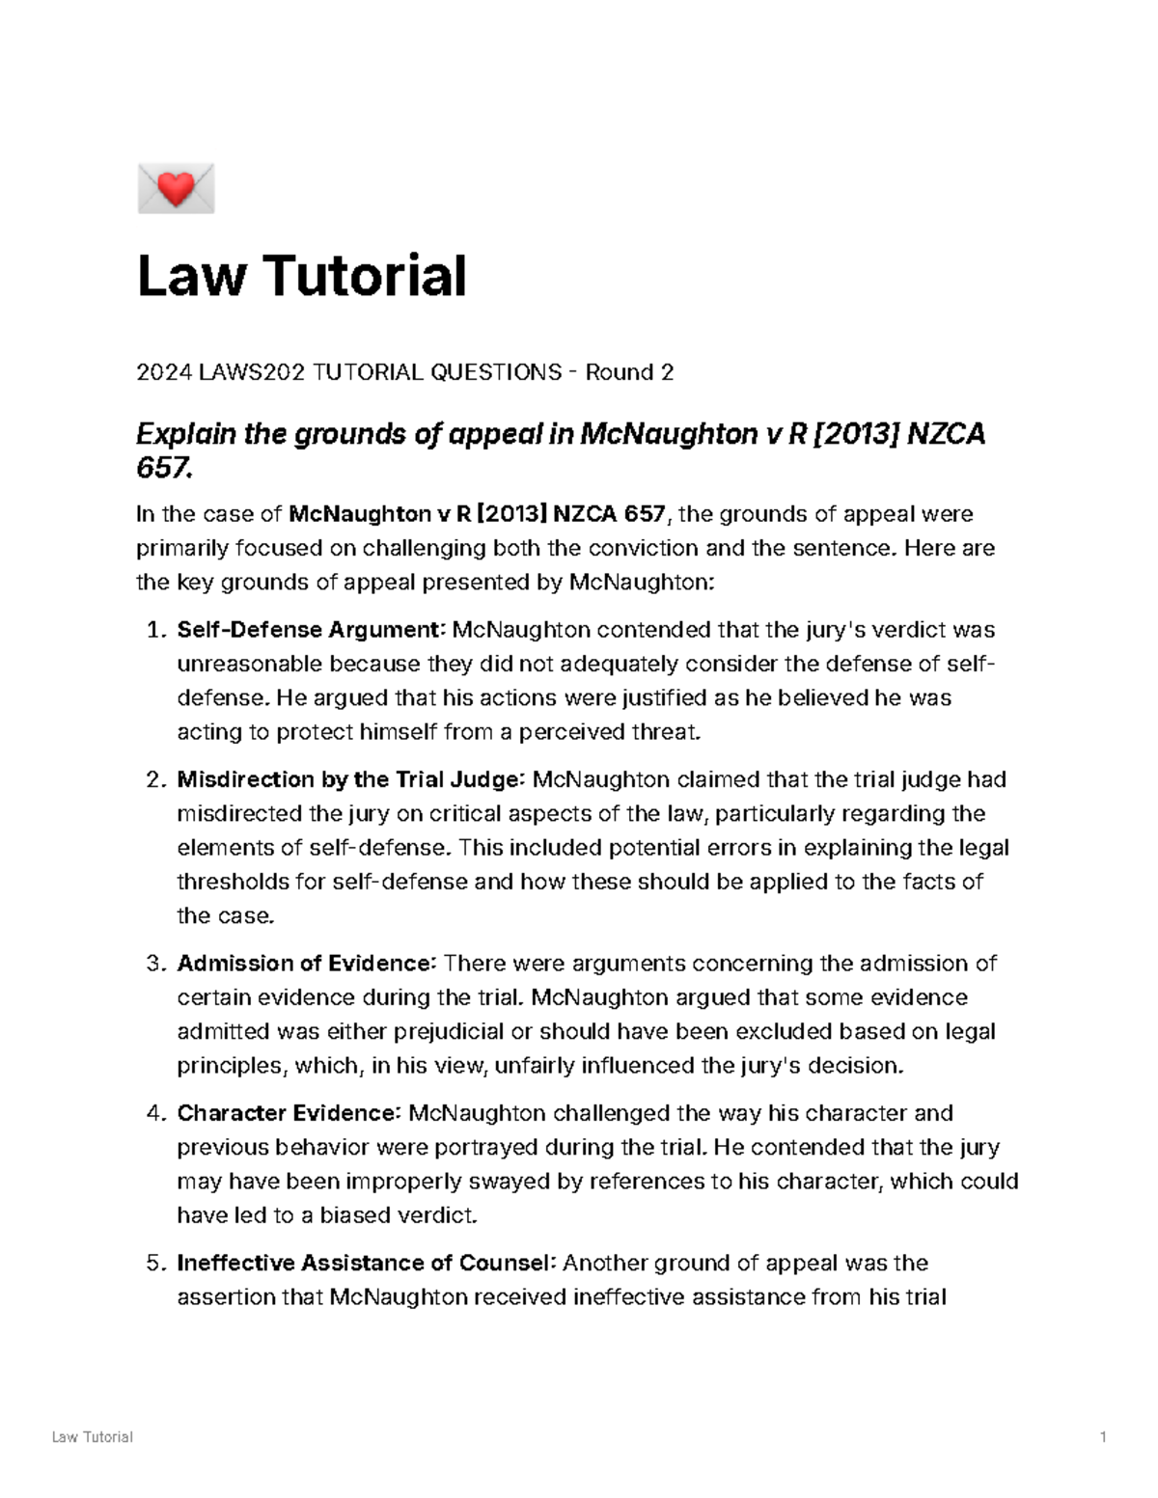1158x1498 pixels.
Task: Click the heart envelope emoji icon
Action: point(176,188)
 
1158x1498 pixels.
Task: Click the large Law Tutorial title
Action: point(302,276)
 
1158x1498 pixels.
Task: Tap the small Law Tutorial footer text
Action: point(93,1436)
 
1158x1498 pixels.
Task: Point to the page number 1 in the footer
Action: point(1102,1436)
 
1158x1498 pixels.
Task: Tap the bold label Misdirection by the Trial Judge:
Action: point(351,779)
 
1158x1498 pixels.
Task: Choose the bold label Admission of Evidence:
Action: point(308,963)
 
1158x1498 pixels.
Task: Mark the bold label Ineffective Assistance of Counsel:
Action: point(367,1263)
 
